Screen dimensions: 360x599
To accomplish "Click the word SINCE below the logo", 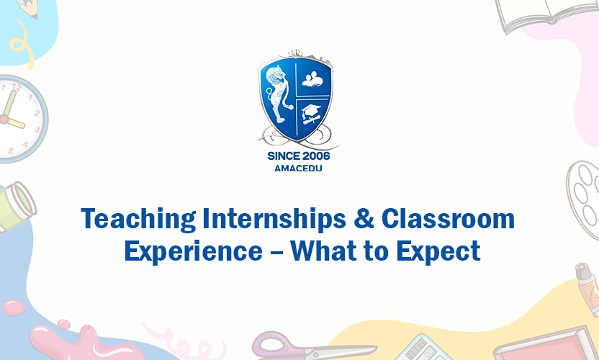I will point(282,156).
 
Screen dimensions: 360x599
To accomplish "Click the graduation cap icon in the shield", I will point(312,112).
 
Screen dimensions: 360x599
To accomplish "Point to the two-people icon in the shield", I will point(315,78).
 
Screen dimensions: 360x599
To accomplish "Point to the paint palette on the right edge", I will point(584,191).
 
